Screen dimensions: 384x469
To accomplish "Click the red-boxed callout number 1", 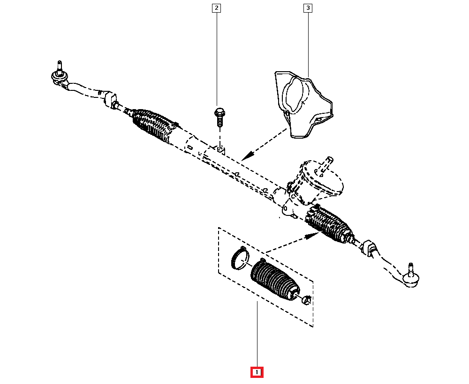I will pyautogui.click(x=257, y=372).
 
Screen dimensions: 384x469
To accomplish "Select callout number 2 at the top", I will pyautogui.click(x=216, y=8).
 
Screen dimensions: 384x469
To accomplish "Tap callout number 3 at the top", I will pyautogui.click(x=308, y=8).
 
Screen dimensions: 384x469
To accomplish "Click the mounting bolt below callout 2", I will pyautogui.click(x=219, y=116).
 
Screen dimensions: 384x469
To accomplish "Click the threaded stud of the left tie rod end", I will pyautogui.click(x=59, y=65).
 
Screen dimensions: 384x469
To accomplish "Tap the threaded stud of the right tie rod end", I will pyautogui.click(x=410, y=268).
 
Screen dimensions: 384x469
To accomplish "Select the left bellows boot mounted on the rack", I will pyautogui.click(x=155, y=125).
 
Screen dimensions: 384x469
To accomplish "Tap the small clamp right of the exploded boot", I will pyautogui.click(x=307, y=299).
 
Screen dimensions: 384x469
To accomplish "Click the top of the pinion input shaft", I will pyautogui.click(x=330, y=159).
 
